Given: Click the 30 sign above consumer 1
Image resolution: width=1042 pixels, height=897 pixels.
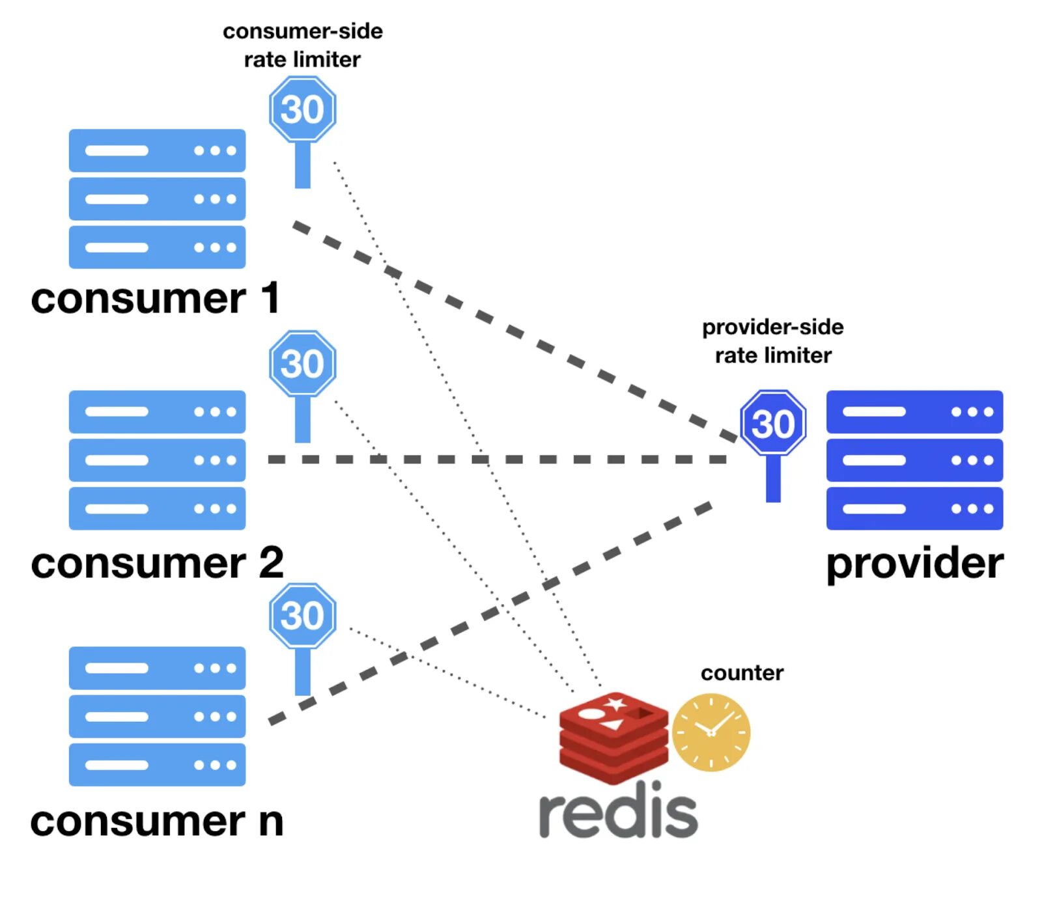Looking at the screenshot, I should pos(302,109).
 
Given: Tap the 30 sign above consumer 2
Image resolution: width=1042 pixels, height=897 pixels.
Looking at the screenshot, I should pos(302,363).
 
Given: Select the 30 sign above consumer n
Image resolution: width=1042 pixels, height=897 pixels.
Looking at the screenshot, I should pos(302,616).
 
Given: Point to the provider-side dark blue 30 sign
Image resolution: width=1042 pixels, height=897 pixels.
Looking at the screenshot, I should pos(773,424).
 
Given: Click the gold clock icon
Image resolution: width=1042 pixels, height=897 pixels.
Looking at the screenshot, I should pos(711,732).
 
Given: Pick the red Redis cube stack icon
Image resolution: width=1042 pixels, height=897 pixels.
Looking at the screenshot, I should pos(613,736).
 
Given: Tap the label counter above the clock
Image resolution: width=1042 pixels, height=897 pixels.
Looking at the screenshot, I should pos(742,672).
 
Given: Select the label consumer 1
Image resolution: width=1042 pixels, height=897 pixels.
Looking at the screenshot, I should pos(156,298).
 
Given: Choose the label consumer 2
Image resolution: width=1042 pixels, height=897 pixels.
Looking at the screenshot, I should pos(157,562).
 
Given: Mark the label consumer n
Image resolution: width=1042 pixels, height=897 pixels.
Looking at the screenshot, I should pos(157,820).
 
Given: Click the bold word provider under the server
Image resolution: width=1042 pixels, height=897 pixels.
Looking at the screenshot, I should pos(914,564).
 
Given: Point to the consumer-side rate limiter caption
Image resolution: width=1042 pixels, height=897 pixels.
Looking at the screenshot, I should pos(302,45).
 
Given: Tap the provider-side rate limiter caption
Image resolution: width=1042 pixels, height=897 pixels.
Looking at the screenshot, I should pos(772,341).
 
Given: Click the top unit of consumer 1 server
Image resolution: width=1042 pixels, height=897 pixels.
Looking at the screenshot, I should pos(157,150).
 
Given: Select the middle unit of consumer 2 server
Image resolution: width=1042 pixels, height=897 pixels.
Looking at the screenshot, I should pos(157,460).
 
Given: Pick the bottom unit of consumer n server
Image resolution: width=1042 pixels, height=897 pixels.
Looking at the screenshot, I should pos(157,764).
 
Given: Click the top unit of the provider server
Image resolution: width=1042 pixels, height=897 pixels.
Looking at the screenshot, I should pos(914,411).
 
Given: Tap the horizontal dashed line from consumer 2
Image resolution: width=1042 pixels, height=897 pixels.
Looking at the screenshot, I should pos(495,460).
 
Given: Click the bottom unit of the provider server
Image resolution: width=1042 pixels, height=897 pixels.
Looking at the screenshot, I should pos(914,508).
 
